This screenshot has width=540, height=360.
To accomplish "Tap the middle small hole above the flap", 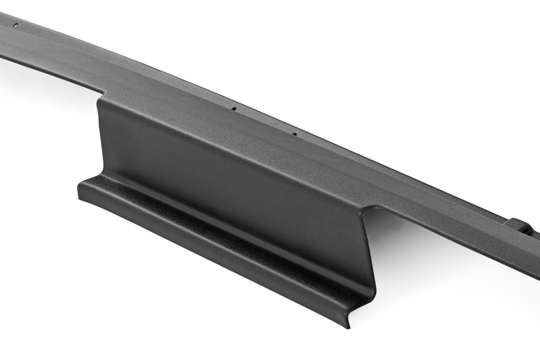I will (x=235, y=109).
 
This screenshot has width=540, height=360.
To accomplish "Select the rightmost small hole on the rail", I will (x=295, y=133).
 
